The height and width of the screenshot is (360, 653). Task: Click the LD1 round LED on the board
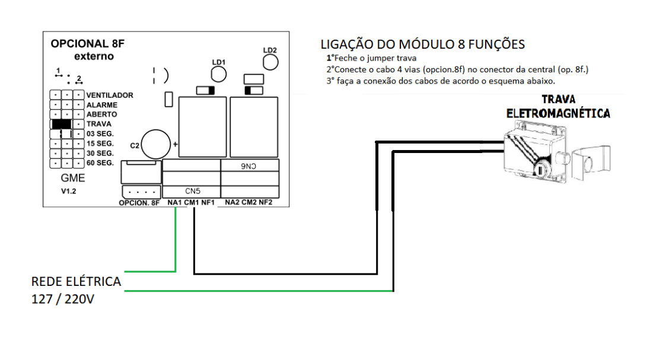click(x=219, y=74)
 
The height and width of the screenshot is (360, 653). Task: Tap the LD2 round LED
click(x=270, y=62)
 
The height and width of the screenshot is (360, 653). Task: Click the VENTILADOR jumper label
click(x=110, y=95)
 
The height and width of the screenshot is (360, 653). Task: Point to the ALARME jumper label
click(x=102, y=105)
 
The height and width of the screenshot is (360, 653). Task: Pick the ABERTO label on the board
click(x=102, y=114)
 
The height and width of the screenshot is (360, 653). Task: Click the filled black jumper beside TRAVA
click(x=62, y=124)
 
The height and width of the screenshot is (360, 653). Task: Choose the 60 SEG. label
click(x=100, y=163)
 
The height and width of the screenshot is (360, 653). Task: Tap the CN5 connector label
click(x=191, y=191)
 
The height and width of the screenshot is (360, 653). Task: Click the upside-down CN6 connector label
click(x=250, y=167)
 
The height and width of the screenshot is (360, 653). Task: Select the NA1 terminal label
click(x=174, y=203)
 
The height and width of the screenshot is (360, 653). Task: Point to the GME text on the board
click(x=73, y=178)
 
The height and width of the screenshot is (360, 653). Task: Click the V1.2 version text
click(x=70, y=192)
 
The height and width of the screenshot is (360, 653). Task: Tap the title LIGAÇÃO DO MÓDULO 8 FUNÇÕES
click(x=422, y=44)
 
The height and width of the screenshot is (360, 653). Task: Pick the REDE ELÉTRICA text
click(x=76, y=282)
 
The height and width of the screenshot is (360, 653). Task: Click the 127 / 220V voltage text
click(x=63, y=300)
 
